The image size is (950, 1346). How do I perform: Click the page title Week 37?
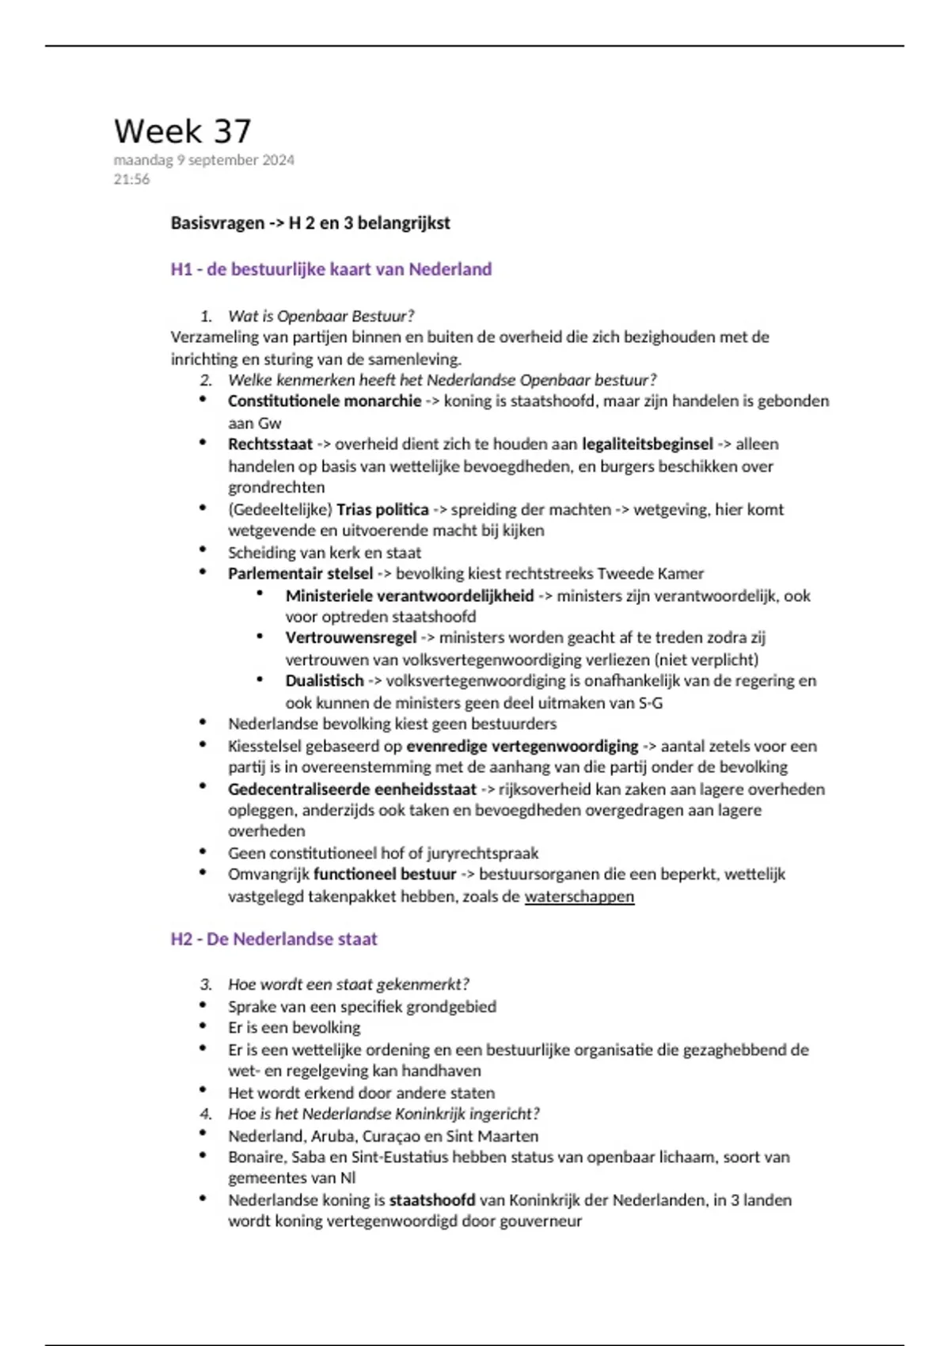(182, 131)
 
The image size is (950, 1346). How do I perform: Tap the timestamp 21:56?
(131, 180)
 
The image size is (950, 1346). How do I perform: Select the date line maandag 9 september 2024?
(203, 160)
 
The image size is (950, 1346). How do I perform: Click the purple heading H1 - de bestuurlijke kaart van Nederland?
(331, 269)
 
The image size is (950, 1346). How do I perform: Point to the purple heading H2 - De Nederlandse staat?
(274, 939)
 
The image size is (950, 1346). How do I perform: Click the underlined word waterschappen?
(579, 896)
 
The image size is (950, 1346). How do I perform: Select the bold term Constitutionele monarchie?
(325, 401)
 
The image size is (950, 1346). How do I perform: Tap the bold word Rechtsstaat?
(270, 444)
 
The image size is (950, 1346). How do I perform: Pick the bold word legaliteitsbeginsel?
(647, 444)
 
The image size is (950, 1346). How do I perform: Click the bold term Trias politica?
(382, 509)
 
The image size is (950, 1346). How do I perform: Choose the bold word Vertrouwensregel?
(351, 637)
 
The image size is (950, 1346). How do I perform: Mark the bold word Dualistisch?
(325, 681)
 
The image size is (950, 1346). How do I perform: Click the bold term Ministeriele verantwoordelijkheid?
(409, 595)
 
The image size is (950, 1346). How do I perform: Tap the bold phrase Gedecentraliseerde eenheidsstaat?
(352, 789)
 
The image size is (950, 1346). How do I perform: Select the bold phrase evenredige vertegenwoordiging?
(522, 746)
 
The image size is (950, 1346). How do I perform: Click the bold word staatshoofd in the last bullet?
(432, 1200)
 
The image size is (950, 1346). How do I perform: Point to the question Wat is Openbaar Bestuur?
(321, 316)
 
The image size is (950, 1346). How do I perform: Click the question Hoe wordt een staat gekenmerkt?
(348, 984)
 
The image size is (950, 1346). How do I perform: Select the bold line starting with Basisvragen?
(310, 223)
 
